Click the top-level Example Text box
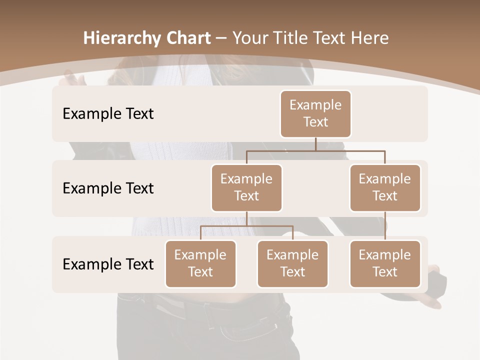[315, 114]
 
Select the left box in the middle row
[246, 188]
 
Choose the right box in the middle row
[385, 188]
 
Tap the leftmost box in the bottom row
[200, 264]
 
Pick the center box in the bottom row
[292, 264]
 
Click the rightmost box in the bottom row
[385, 264]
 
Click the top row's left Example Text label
[108, 114]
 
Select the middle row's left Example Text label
[108, 188]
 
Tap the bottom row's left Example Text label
[108, 264]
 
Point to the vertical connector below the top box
[315, 144]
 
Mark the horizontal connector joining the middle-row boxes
[315, 150]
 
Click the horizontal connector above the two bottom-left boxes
[246, 226]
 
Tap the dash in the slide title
[220, 38]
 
